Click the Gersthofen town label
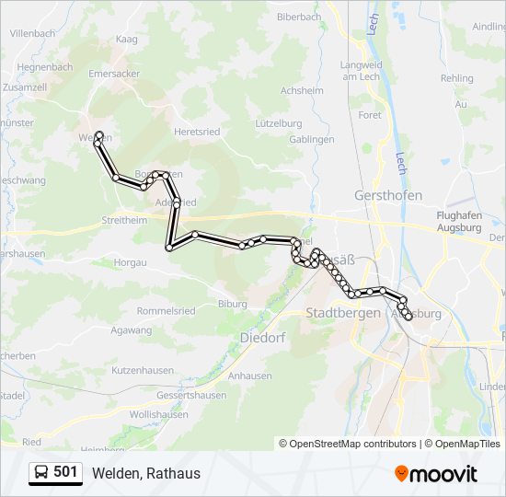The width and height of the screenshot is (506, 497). (387, 195)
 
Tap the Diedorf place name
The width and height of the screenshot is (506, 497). (262, 338)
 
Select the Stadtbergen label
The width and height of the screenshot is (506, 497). (342, 313)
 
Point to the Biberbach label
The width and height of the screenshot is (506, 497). (298, 17)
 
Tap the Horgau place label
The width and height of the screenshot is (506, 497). (130, 262)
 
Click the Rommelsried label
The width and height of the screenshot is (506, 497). (164, 311)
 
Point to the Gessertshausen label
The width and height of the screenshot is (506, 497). (191, 395)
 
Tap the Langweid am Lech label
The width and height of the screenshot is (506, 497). (361, 71)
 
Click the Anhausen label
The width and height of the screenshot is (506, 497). (249, 376)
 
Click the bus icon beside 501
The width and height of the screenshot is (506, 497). (41, 473)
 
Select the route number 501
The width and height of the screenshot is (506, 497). (65, 473)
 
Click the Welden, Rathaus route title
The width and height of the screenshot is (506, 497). (145, 473)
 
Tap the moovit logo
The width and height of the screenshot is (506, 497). (436, 474)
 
